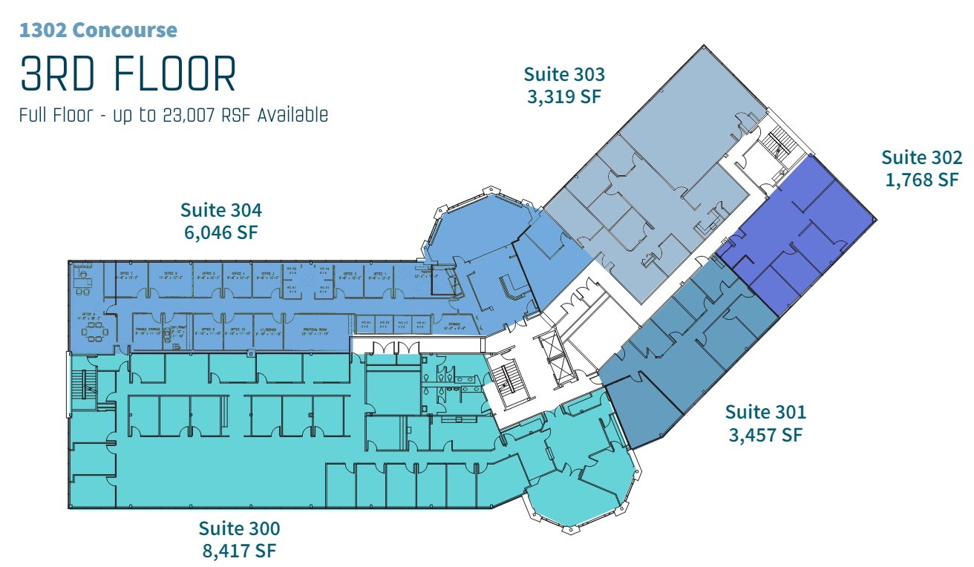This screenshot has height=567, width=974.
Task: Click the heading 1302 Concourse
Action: (x=98, y=30)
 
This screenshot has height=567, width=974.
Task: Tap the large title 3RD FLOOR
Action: (x=128, y=74)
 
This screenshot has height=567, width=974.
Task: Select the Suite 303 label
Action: (x=564, y=74)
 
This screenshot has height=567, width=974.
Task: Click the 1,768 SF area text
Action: (x=921, y=180)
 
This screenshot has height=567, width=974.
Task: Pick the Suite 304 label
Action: (x=221, y=210)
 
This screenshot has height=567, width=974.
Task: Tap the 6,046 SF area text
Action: (x=221, y=232)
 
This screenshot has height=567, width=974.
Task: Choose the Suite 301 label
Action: (x=765, y=411)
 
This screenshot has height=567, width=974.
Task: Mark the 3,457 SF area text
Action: (x=765, y=434)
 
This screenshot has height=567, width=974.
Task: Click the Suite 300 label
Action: (x=239, y=528)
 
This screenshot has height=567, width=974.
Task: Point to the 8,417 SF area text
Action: (x=239, y=551)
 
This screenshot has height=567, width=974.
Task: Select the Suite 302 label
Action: (x=921, y=157)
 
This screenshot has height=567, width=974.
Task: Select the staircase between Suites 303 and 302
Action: (x=779, y=142)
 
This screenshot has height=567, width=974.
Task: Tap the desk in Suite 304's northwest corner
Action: (x=82, y=281)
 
